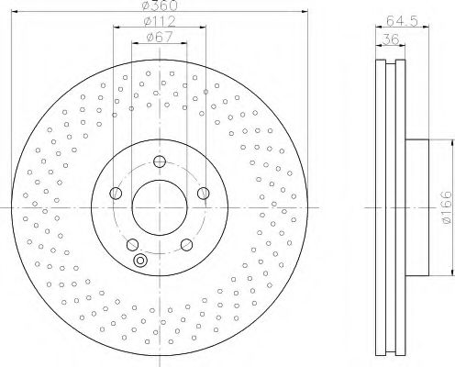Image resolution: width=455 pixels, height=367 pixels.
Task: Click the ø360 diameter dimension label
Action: [x=160, y=6]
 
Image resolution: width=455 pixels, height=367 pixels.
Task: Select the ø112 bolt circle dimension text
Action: [x=160, y=22]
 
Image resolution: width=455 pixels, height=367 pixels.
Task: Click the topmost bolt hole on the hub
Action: [x=160, y=162]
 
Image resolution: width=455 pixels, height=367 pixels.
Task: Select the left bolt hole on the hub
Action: [x=115, y=194]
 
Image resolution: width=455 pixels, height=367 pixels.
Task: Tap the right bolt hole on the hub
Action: [x=205, y=194]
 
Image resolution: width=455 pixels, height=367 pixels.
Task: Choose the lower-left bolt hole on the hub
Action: [x=132, y=244]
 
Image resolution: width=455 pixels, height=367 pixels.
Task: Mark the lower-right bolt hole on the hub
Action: [x=187, y=244]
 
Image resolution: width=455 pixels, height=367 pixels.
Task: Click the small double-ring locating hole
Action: [x=139, y=261]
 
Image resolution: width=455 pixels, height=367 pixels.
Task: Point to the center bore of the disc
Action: [x=160, y=207]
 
